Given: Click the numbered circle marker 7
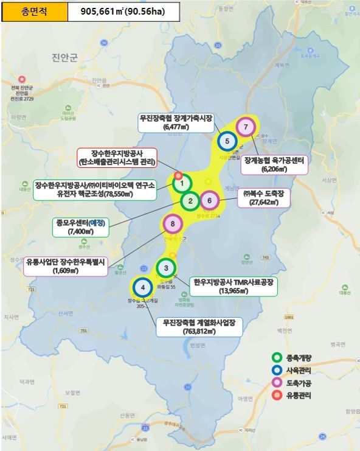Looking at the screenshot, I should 245,127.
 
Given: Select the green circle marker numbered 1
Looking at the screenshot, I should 182,183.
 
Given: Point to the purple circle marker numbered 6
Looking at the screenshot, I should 209,200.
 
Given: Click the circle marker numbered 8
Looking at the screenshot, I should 173,225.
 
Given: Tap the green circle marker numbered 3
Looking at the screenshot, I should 165,268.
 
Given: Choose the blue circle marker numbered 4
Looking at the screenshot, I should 142,287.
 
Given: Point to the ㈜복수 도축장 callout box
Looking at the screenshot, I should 268,198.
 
